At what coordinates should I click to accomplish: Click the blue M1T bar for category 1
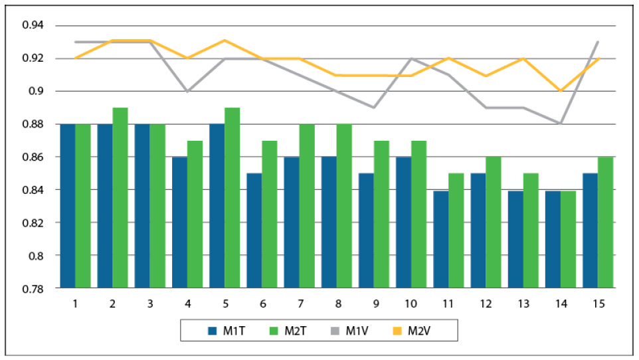[68, 206]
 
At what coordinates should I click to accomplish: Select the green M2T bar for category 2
[120, 197]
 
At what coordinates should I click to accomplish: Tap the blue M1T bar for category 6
[254, 230]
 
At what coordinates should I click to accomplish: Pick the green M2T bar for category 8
[343, 206]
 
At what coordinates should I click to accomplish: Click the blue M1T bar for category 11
[440, 239]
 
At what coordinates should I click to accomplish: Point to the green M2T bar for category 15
[604, 223]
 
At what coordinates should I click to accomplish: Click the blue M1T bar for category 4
[180, 223]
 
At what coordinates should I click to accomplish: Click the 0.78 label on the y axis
[33, 288]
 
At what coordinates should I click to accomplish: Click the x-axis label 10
[411, 304]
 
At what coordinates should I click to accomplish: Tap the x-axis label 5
[225, 304]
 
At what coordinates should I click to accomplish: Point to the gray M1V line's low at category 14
[560, 124]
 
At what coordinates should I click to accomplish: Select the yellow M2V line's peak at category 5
[225, 41]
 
